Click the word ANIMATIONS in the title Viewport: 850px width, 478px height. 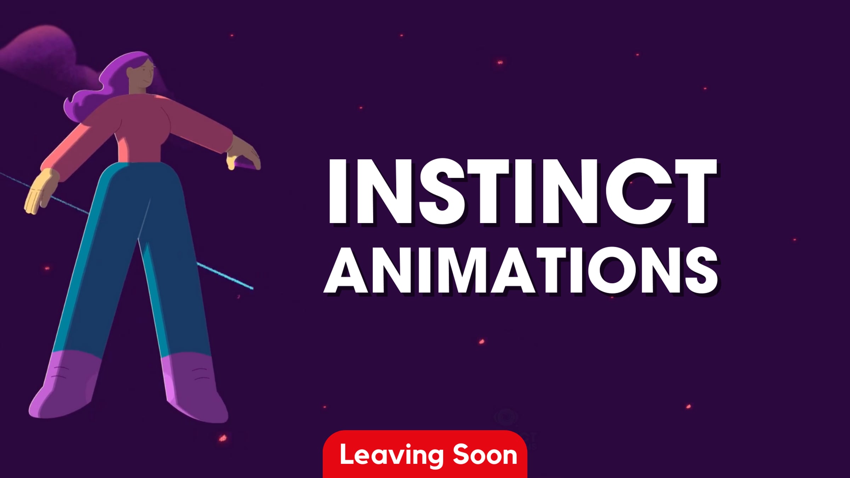coord(521,271)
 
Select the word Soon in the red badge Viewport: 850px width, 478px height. coord(485,455)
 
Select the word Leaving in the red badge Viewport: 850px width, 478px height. coord(391,455)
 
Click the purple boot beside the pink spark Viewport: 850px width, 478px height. coord(195,389)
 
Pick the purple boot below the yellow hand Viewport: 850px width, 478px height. coord(64,386)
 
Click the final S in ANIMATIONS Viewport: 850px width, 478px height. coord(701,271)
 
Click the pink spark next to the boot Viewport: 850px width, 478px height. coord(223,438)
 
